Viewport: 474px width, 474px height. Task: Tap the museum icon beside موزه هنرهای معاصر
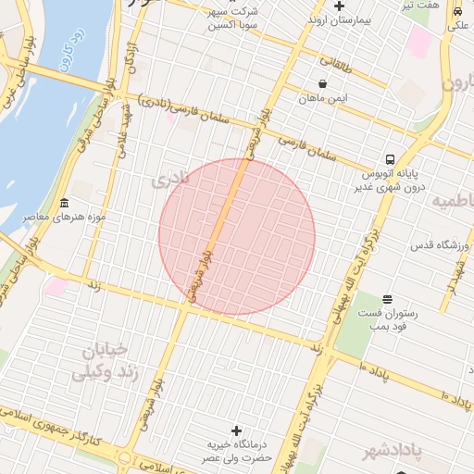(64, 204)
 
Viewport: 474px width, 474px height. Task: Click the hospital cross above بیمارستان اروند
(340, 6)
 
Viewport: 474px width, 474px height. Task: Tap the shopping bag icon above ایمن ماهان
(321, 83)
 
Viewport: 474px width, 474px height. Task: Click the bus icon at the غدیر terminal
(391, 159)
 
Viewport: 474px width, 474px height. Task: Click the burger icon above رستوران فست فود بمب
(387, 299)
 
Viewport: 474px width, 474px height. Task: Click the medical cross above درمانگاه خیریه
(236, 430)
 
